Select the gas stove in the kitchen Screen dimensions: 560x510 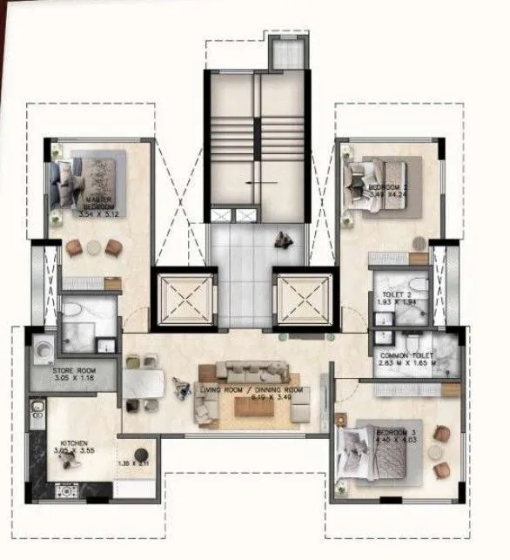coord(66,491)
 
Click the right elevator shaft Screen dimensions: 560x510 coord(304,300)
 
